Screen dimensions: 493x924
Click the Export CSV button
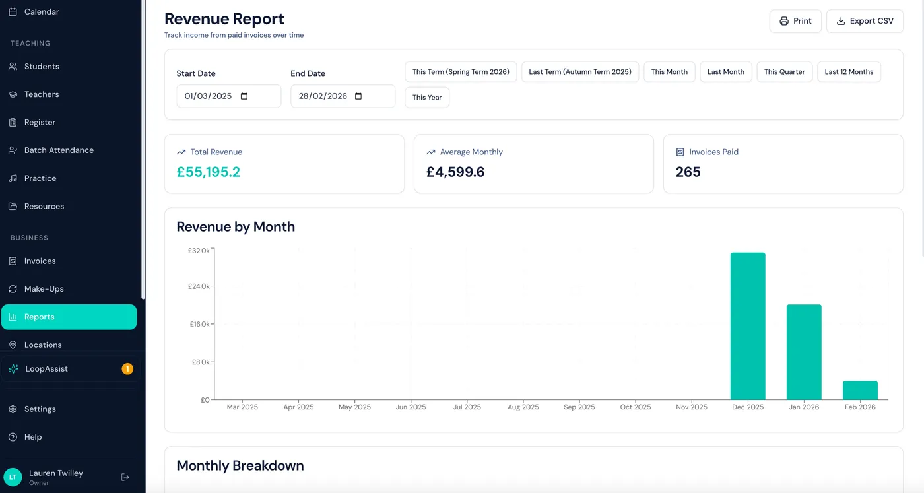tap(865, 21)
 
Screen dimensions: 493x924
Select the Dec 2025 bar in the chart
tap(747, 326)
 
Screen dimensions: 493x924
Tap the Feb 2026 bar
tap(860, 390)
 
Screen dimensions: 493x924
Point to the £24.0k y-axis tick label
tap(199, 286)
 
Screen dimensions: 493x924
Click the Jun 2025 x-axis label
tap(411, 407)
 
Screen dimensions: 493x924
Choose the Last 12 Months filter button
tap(849, 72)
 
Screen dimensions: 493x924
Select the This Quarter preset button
tap(784, 72)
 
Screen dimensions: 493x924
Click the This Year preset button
tap(427, 98)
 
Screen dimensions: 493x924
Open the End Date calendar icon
tap(358, 96)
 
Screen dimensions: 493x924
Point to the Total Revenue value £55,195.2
tap(209, 172)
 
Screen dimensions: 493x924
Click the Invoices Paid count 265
tap(688, 172)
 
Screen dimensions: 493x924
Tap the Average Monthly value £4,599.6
tap(455, 172)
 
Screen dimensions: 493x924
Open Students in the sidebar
tap(42, 67)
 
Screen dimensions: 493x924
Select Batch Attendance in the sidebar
tap(59, 150)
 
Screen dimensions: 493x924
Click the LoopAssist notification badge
tap(127, 369)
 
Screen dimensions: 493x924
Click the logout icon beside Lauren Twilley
tap(125, 477)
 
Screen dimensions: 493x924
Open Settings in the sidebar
tap(40, 409)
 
